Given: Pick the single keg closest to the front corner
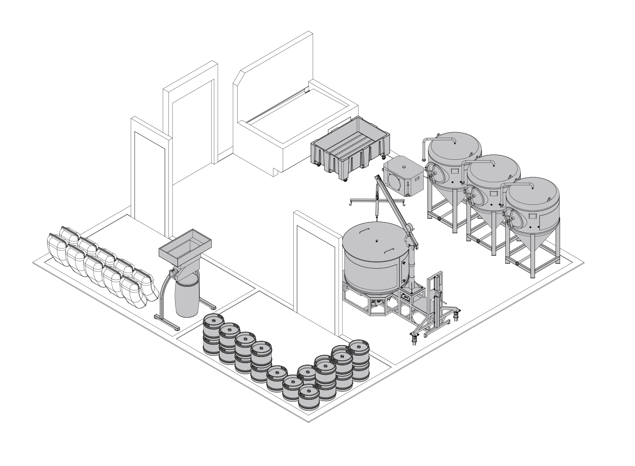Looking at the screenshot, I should [309, 396].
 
